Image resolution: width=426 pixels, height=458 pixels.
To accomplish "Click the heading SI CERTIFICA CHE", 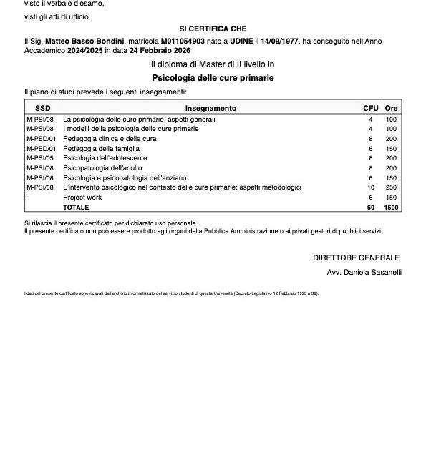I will point(212,28).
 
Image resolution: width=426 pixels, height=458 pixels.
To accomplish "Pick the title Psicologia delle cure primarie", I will point(213,77).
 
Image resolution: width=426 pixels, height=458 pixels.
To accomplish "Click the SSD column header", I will point(43,108).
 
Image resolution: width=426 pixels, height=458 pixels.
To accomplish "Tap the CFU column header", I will point(371,108).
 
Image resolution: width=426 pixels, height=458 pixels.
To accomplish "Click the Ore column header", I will point(391,108).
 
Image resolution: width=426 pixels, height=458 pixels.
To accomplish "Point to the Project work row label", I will point(82,197).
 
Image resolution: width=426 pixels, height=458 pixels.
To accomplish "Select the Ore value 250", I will point(391,187).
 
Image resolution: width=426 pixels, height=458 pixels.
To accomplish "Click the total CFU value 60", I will point(371,207).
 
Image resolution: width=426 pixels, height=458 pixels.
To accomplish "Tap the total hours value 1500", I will point(391,207).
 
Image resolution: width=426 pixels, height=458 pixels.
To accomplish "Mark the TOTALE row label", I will point(76,207).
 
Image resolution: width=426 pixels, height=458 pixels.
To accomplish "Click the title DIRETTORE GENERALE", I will point(356,258).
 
